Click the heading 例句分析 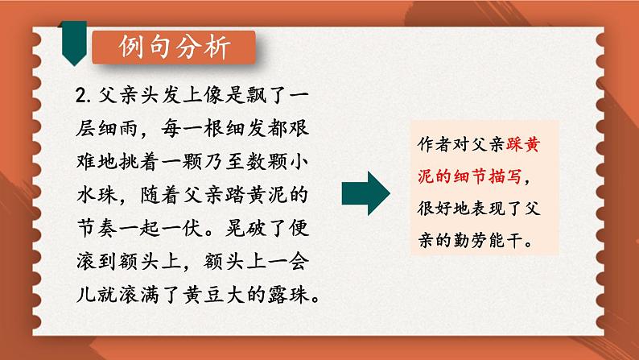tap(172, 48)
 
